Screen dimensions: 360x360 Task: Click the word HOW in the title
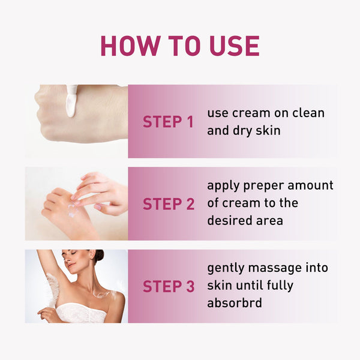(x=129, y=46)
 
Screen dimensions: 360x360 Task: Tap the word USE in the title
(x=231, y=46)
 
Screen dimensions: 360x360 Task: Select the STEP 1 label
(x=168, y=122)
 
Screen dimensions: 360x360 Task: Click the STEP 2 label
(x=168, y=204)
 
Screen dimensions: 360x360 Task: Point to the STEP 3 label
(x=168, y=286)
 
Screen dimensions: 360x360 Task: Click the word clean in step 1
(x=307, y=113)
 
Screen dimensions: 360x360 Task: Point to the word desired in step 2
(x=230, y=221)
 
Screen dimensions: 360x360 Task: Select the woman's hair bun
(x=98, y=255)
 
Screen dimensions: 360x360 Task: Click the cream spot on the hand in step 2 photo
(x=72, y=210)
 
